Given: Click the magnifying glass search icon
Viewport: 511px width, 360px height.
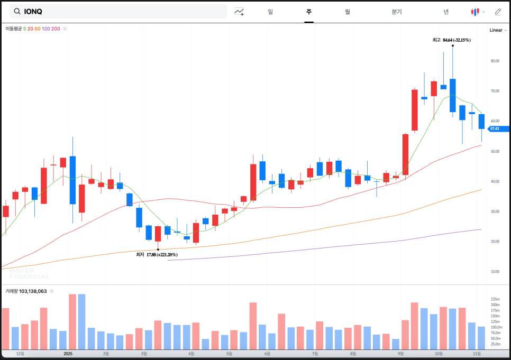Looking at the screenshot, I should tap(17, 12).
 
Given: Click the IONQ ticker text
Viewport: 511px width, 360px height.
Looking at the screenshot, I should tap(33, 12).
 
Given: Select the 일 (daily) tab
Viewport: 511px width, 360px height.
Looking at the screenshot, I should tap(270, 12).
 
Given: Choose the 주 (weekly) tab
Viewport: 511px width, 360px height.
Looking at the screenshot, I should tap(309, 12).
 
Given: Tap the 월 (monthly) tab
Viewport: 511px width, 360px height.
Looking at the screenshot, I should tap(348, 12).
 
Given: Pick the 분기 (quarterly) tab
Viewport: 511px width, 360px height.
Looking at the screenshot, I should tap(397, 12).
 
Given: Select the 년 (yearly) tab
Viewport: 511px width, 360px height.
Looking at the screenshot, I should tap(446, 12).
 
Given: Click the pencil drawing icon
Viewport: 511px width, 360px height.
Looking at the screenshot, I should tap(498, 12).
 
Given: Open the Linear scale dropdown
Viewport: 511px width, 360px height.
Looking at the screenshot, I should tap(498, 30).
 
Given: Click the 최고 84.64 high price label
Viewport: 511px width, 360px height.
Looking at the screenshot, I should tap(451, 40).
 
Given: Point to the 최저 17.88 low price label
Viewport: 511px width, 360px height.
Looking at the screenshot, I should tap(157, 255).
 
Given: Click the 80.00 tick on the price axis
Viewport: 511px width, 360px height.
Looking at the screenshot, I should tap(495, 61).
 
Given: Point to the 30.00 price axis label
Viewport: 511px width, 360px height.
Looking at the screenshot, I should tap(495, 211).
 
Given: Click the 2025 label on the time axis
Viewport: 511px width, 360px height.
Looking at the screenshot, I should tap(68, 353).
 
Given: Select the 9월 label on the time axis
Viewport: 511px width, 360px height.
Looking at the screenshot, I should tap(400, 353).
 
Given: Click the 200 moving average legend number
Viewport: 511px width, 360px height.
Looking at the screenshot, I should tap(56, 29).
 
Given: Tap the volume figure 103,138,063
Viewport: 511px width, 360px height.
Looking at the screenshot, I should tap(33, 291).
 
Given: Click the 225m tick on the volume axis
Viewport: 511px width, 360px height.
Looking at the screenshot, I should tap(496, 299).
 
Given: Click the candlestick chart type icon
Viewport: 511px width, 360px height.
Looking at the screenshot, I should tap(476, 12).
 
